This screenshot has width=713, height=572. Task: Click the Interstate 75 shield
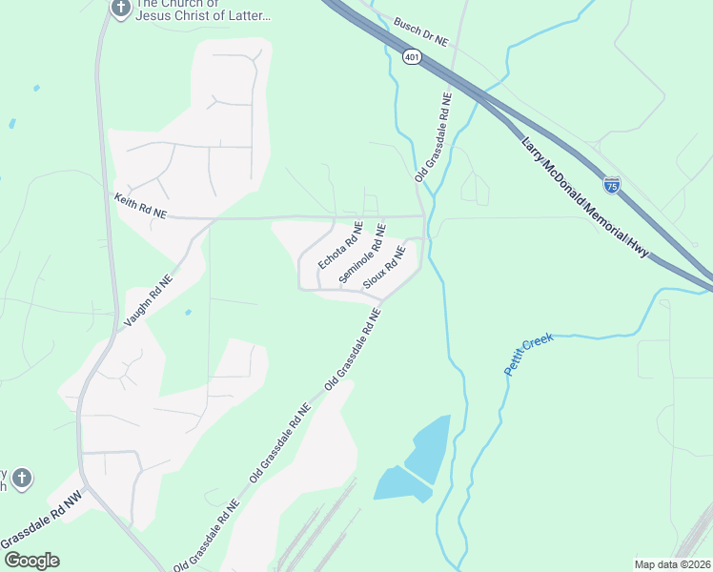pyautogui.click(x=612, y=184)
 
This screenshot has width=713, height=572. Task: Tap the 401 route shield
pyautogui.click(x=412, y=58)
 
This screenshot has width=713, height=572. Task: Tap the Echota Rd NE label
pyautogui.click(x=340, y=245)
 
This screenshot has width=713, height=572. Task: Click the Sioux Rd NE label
pyautogui.click(x=385, y=268)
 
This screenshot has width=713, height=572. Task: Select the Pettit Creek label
pyautogui.click(x=529, y=355)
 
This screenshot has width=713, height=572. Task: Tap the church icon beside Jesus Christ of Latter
pyautogui.click(x=120, y=9)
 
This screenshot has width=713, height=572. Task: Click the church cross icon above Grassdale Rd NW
pyautogui.click(x=22, y=478)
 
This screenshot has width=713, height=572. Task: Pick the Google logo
pyautogui.click(x=31, y=561)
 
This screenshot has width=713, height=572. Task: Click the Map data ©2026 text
pyautogui.click(x=672, y=564)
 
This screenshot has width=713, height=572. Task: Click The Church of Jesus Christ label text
pyautogui.click(x=203, y=10)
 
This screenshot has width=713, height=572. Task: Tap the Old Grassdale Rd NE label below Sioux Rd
pyautogui.click(x=353, y=355)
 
